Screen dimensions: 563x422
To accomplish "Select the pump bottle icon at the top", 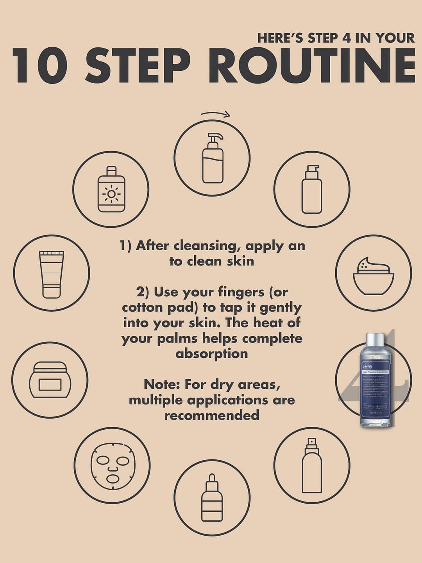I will pos(212,158).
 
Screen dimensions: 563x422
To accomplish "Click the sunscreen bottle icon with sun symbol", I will pos(111,189).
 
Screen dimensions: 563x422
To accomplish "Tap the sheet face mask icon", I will pos(112,465).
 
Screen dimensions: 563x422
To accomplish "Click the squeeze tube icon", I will pos(52,273).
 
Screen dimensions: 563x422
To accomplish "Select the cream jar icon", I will pos(50,380).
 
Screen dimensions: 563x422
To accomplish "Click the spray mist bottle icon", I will pos(311,465).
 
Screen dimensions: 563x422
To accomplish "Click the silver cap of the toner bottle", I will pos(375,340).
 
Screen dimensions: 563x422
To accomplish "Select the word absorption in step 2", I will pos(211,354).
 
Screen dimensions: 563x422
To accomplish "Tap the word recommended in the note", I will pos(211,415).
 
